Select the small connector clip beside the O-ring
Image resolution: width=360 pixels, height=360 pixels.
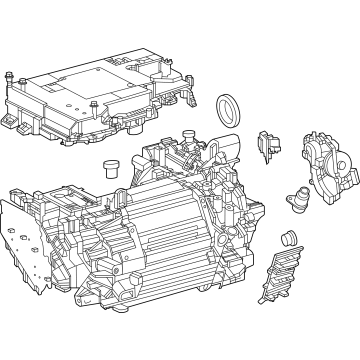coord(266,145)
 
